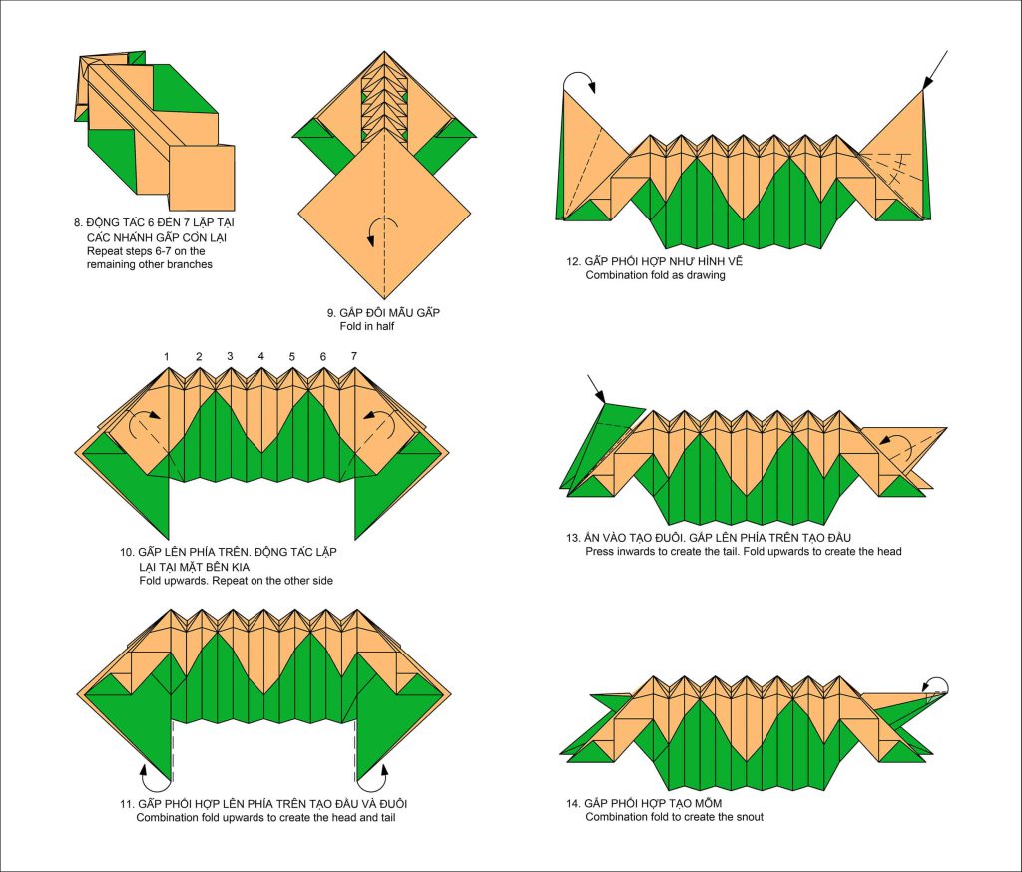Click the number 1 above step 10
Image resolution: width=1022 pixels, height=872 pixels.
(x=168, y=356)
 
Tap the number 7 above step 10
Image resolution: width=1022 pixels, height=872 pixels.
(x=354, y=356)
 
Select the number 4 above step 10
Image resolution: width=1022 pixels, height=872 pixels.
(x=260, y=356)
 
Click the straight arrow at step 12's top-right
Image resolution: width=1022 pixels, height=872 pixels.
(x=935, y=68)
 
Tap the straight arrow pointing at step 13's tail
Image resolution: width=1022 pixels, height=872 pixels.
(x=596, y=389)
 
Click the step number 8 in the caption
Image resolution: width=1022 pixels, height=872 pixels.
(x=78, y=222)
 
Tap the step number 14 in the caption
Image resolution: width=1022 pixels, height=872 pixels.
(x=572, y=803)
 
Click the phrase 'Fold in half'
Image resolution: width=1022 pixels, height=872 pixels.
(x=369, y=326)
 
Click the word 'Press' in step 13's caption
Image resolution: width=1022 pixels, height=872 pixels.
(x=600, y=551)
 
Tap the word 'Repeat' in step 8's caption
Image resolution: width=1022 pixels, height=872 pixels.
(x=104, y=251)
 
